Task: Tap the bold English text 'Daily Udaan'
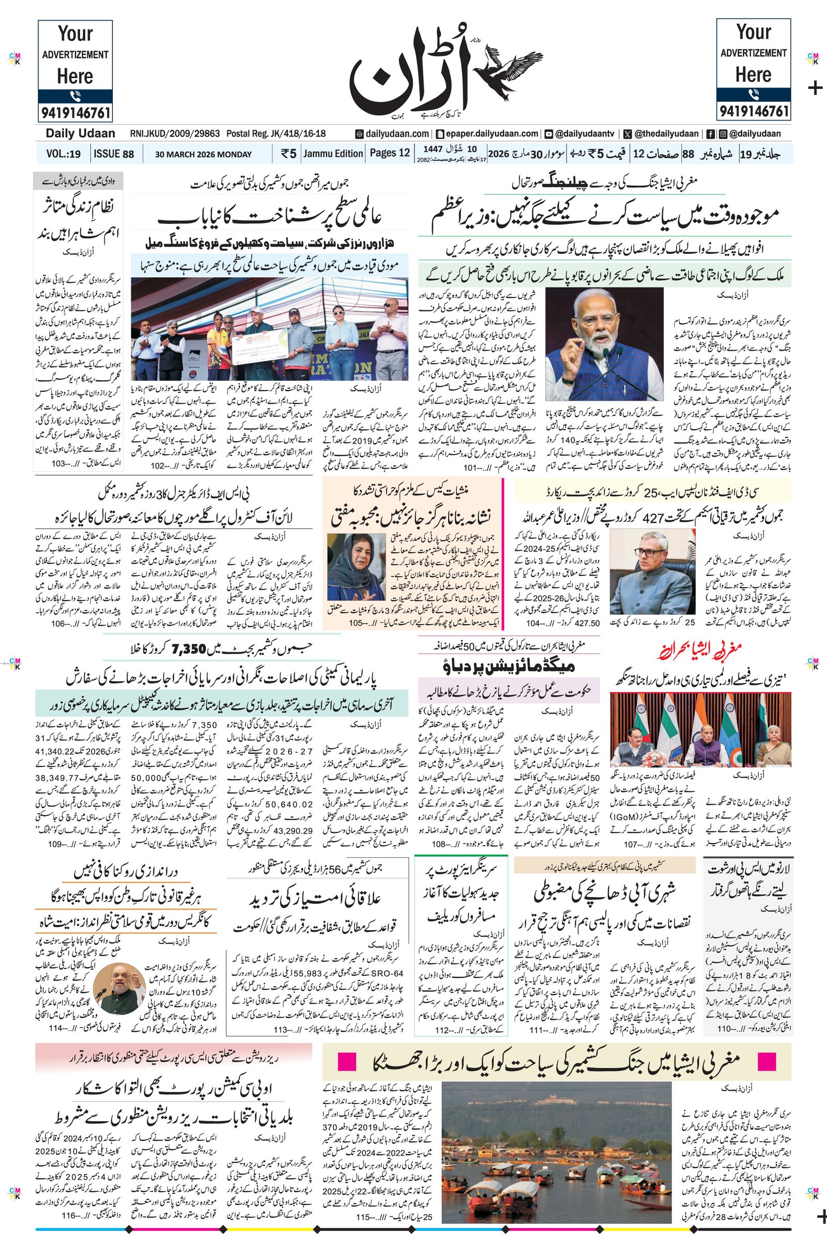pyautogui.click(x=80, y=133)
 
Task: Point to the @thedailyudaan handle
pyautogui.click(x=667, y=133)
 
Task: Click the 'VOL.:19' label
pyautogui.click(x=63, y=154)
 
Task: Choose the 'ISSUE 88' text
pyautogui.click(x=113, y=154)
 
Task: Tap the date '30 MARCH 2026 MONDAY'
pyautogui.click(x=203, y=154)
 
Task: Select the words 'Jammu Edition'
pyautogui.click(x=333, y=154)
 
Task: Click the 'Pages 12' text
pyautogui.click(x=390, y=153)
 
